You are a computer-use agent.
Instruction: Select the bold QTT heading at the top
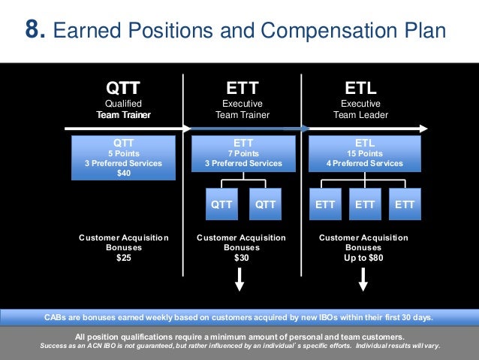pyautogui.click(x=123, y=87)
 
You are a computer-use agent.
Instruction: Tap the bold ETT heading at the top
pyautogui.click(x=242, y=87)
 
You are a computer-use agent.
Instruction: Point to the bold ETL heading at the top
pyautogui.click(x=360, y=87)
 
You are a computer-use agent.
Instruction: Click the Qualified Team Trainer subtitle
pyautogui.click(x=123, y=109)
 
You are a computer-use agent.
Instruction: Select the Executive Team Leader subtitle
pyautogui.click(x=360, y=109)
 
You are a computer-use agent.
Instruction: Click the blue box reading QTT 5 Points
pyautogui.click(x=123, y=158)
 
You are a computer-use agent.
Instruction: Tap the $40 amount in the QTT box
pyautogui.click(x=123, y=173)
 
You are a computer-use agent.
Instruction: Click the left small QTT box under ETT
pyautogui.click(x=221, y=204)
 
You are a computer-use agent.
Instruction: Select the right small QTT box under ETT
pyautogui.click(x=265, y=204)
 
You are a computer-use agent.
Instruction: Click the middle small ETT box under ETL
pyautogui.click(x=365, y=204)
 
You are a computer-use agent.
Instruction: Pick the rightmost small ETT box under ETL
pyautogui.click(x=405, y=204)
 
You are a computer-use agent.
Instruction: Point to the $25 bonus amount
pyautogui.click(x=123, y=258)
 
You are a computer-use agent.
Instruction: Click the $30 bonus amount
pyautogui.click(x=241, y=258)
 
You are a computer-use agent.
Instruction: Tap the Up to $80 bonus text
pyautogui.click(x=363, y=258)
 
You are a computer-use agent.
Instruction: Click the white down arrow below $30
pyautogui.click(x=240, y=280)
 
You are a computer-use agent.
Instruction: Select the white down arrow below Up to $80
pyautogui.click(x=363, y=280)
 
